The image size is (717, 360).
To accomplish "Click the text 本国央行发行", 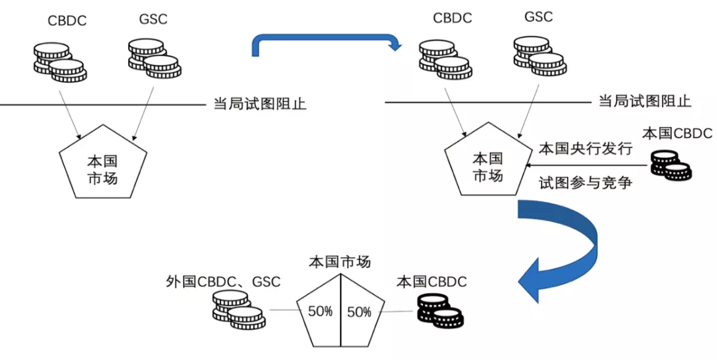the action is pos(586,149).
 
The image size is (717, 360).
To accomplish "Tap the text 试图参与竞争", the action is pos(586,183).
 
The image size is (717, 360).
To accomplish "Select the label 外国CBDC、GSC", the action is pos(223,282).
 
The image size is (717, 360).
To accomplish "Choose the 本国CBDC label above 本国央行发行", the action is pos(677,133).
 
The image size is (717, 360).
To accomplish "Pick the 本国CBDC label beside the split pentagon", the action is pos(432,282).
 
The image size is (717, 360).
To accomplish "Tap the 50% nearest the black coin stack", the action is pos(359,312).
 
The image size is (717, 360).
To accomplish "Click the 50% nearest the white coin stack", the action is pos(320,311).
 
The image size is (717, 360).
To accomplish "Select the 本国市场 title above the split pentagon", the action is pos(340,262).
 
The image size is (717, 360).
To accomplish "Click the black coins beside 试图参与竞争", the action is pos(671,165).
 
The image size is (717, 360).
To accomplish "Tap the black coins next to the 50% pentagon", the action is pos(440,311).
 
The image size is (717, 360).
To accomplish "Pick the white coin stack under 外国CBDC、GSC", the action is pos(239,310).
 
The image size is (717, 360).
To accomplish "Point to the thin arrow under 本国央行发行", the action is pos(588,165).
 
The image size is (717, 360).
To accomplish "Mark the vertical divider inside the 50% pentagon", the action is pos(340,310).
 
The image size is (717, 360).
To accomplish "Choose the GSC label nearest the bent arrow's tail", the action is pos(153,19).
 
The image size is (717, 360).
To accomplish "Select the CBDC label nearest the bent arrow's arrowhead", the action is pos(452,18).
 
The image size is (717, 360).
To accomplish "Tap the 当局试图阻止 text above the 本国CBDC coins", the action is pos(645,101).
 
